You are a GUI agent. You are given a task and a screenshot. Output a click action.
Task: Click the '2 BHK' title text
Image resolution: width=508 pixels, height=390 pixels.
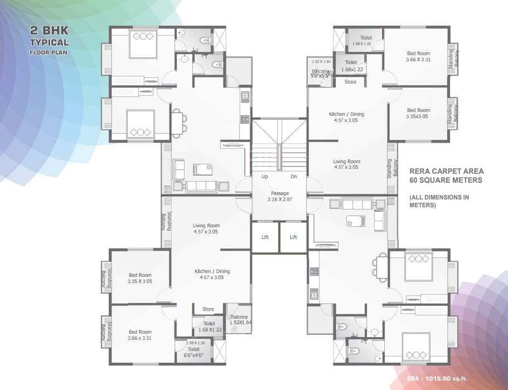point(50,32)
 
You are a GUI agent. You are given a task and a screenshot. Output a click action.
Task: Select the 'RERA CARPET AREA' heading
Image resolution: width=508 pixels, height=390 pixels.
point(446,172)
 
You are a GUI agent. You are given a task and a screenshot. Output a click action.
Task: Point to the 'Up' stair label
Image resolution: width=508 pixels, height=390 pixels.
point(265,177)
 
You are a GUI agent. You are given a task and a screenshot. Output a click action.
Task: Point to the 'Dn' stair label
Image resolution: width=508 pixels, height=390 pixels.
point(294,177)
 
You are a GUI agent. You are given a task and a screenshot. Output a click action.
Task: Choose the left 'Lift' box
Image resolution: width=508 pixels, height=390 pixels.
point(265,237)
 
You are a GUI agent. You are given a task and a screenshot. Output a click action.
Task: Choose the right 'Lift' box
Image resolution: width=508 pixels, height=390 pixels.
point(294,237)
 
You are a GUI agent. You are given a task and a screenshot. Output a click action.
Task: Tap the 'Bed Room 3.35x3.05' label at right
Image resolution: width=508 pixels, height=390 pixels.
point(418,114)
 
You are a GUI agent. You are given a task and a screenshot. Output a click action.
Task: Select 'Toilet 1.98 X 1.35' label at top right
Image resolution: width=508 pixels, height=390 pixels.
point(366,40)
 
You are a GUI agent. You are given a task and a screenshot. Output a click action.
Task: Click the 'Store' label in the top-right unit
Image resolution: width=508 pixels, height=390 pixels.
point(350,82)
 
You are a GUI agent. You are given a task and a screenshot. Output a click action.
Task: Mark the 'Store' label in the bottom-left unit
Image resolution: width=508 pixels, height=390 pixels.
point(208,309)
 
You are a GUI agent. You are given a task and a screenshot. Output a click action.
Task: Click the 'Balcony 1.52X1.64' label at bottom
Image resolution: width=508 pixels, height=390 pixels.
point(240,320)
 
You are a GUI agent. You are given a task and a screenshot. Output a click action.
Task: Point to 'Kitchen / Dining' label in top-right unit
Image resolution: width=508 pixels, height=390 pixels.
point(346,117)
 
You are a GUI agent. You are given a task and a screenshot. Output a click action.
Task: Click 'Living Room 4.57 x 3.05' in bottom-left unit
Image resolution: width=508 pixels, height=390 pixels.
point(206,228)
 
